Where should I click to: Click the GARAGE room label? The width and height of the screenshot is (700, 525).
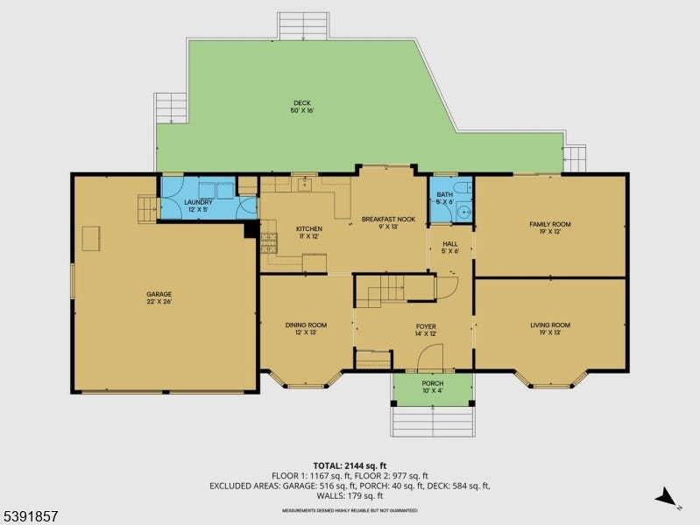click(159, 297)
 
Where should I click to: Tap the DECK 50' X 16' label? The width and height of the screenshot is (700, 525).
click(302, 107)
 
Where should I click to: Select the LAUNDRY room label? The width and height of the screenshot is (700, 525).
click(198, 206)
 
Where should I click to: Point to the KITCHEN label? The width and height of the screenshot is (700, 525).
click(309, 233)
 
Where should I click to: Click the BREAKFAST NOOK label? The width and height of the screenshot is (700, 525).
click(388, 222)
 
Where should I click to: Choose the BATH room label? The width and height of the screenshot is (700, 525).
click(445, 198)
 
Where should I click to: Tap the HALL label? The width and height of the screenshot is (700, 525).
click(450, 247)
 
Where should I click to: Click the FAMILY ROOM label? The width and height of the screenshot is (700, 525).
click(550, 227)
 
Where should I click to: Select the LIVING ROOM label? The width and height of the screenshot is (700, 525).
click(550, 328)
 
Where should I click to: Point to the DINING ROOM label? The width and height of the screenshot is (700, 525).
click(306, 328)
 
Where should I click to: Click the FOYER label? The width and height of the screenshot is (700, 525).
click(426, 330)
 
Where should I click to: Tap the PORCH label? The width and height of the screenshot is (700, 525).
click(433, 387)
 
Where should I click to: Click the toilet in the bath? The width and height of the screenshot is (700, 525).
click(463, 187)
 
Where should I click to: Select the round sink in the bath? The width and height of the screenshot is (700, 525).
click(465, 211)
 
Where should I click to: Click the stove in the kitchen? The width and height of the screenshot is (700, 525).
click(269, 243)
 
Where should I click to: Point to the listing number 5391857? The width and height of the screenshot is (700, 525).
click(30, 516)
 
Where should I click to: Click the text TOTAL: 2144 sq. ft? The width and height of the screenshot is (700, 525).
click(350, 466)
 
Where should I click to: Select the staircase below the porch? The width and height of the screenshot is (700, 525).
click(433, 422)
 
